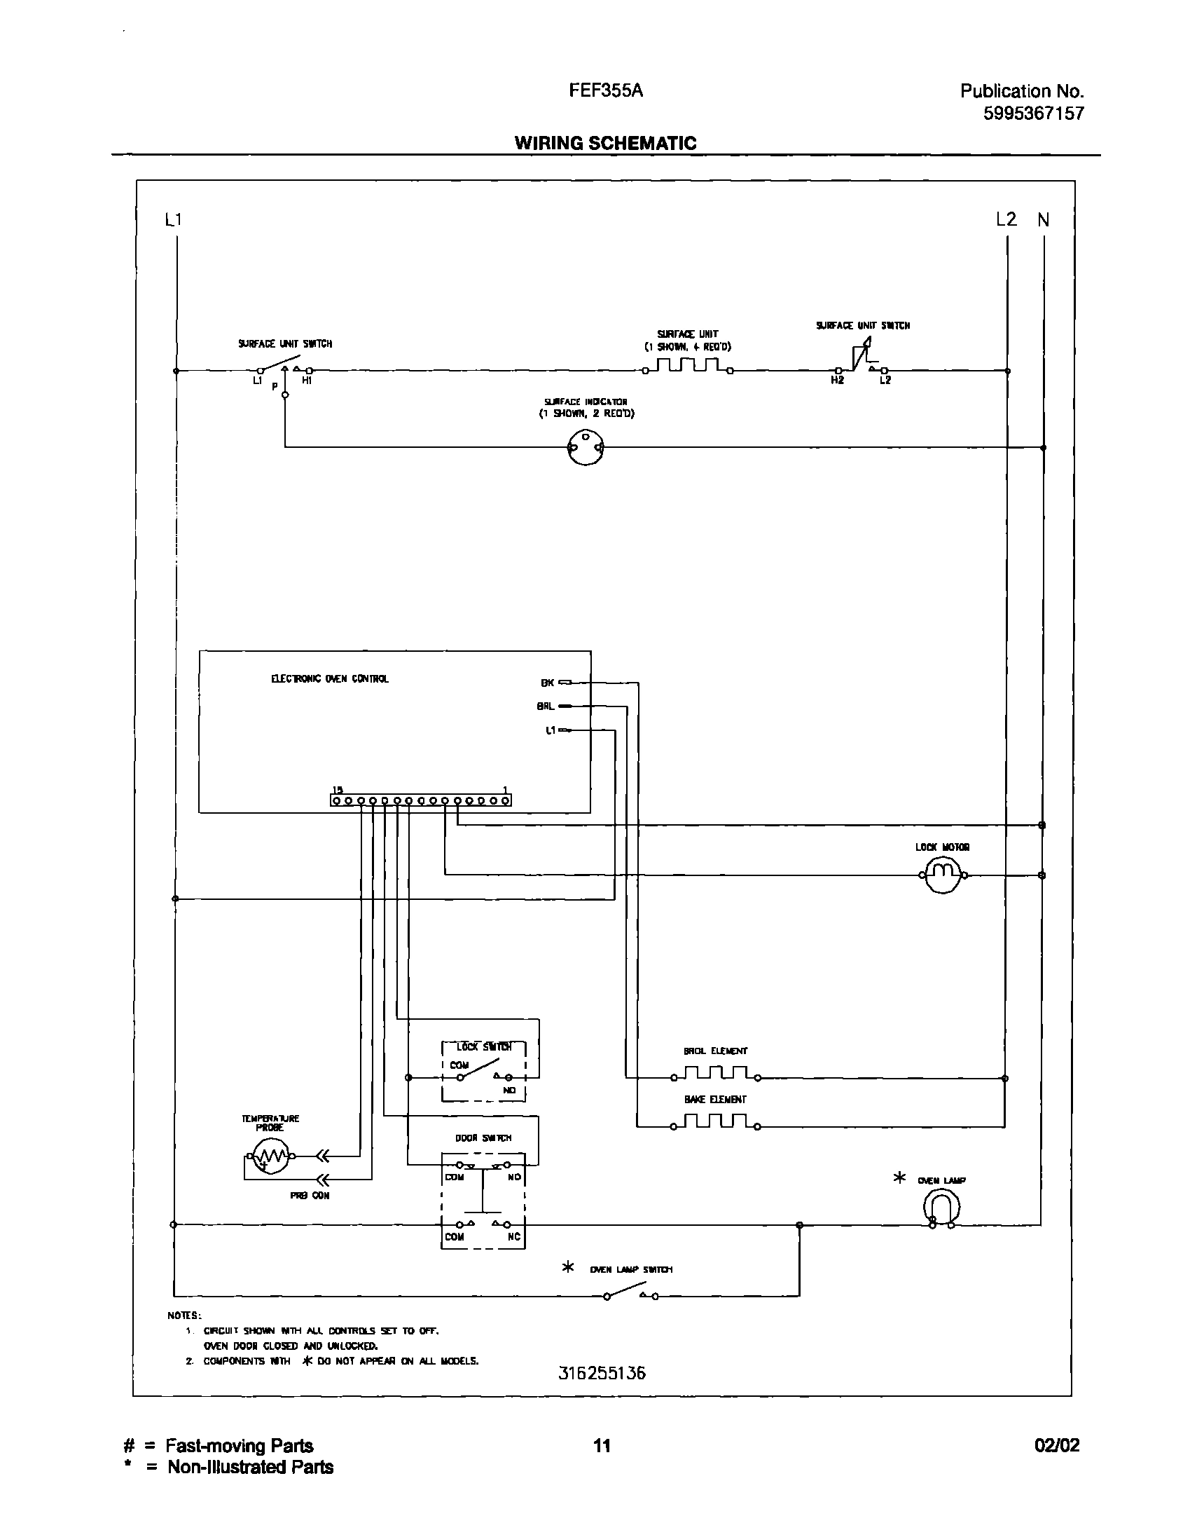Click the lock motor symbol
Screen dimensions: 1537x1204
coord(943,875)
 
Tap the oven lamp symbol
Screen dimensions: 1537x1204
coord(941,1207)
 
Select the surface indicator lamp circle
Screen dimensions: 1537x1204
coord(585,447)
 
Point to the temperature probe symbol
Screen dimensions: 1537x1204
coord(270,1156)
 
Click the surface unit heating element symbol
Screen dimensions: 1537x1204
coord(687,367)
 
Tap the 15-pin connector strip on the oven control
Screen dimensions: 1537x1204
coord(421,800)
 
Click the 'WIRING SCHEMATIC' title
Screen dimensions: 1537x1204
coord(605,143)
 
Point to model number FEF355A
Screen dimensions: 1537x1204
coord(606,91)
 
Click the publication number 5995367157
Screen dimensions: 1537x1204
coord(1033,114)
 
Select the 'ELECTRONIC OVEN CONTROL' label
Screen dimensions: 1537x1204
coord(330,678)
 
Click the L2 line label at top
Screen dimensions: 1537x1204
coord(1006,219)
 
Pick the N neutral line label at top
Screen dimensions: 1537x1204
coord(1044,220)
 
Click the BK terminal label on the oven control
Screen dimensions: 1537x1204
coord(548,683)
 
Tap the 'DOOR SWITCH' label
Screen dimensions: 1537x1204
coord(483,1138)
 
